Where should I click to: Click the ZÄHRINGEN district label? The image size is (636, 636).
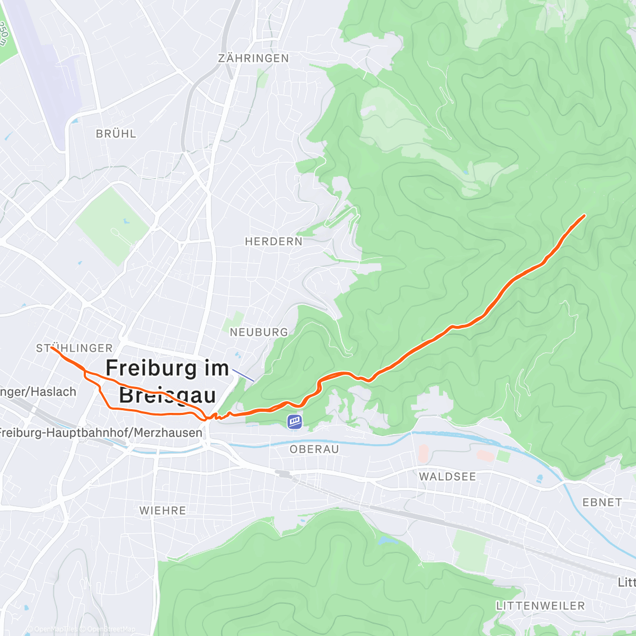click(253, 58)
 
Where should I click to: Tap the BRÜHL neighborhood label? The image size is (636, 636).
click(116, 134)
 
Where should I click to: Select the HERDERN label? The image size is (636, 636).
click(273, 242)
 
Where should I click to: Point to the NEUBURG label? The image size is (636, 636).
click(259, 332)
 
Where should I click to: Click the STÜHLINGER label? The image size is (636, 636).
click(74, 348)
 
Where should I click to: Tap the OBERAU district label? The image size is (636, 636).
click(314, 449)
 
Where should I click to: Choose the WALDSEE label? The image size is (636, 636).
click(447, 476)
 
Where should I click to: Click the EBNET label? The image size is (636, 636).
click(602, 502)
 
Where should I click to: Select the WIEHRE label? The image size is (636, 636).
click(163, 511)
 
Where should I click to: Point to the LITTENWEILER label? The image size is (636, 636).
click(541, 606)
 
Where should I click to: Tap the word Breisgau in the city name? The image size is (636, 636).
click(167, 395)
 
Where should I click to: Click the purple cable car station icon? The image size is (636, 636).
click(295, 421)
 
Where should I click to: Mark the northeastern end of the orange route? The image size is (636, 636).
click(584, 215)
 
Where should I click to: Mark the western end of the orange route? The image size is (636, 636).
click(52, 348)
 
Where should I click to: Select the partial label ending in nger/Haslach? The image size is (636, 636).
click(38, 392)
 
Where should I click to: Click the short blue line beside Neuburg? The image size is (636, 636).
click(243, 375)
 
